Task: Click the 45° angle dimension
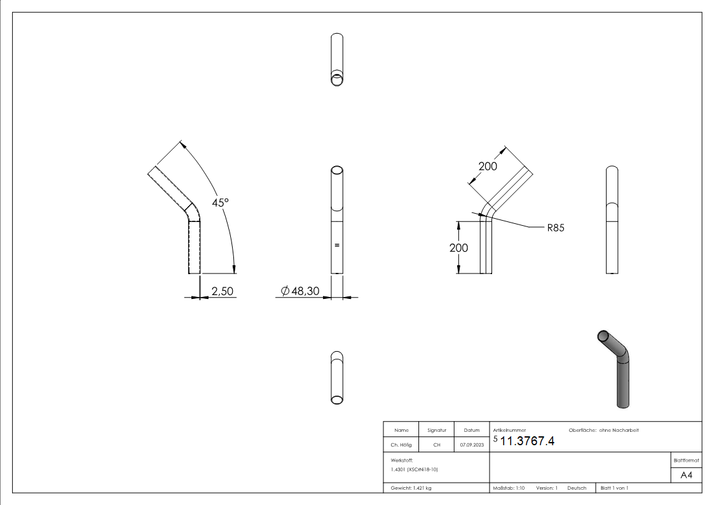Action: (x=220, y=202)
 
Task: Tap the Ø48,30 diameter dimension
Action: (x=300, y=291)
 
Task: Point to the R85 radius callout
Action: (x=556, y=226)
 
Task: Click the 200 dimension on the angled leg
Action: (x=488, y=166)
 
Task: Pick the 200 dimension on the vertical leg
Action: (x=458, y=247)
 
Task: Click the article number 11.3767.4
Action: (x=526, y=442)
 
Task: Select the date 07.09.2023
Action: (x=470, y=445)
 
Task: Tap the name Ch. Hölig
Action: (x=401, y=445)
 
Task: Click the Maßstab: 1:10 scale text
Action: (x=509, y=488)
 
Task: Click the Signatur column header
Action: (x=436, y=431)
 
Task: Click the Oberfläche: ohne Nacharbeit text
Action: (x=599, y=431)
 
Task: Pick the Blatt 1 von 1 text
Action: (x=614, y=488)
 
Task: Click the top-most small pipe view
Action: (x=338, y=60)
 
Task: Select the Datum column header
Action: (x=470, y=431)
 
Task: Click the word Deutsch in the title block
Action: (x=577, y=488)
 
